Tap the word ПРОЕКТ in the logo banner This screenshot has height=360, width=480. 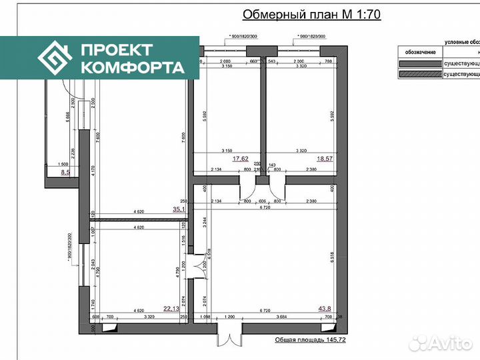click(x=117, y=50)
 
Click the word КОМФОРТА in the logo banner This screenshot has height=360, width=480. click(x=132, y=67)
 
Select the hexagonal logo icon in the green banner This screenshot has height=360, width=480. click(x=55, y=59)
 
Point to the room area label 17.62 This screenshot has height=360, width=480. click(x=241, y=159)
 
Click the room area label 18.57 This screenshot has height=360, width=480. click(x=325, y=159)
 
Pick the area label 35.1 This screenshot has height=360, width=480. click(x=179, y=209)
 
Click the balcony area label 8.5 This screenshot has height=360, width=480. click(x=65, y=172)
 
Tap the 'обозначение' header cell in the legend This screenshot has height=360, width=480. click(x=419, y=52)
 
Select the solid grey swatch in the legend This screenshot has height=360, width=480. click(x=419, y=64)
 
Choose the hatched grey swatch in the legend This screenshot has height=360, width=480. click(x=419, y=74)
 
